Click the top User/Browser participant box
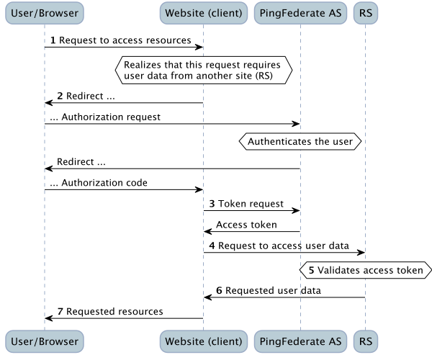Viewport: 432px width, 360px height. (x=45, y=13)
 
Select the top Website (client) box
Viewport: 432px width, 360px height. (x=204, y=13)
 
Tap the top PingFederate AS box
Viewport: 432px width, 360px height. (x=300, y=13)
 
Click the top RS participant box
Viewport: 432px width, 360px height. (x=366, y=13)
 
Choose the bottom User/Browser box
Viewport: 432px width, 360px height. (x=45, y=341)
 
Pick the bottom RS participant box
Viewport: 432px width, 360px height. (x=366, y=341)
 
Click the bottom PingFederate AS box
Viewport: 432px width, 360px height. (x=300, y=341)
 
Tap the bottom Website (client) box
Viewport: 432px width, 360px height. (x=204, y=341)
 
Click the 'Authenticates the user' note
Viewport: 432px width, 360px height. (x=300, y=142)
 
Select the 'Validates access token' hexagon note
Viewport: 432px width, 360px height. (x=366, y=270)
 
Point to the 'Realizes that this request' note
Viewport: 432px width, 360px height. (x=204, y=71)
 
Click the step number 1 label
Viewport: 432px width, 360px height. (x=53, y=40)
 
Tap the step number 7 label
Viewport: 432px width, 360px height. (x=60, y=312)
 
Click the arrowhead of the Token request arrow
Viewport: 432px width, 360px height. (x=296, y=211)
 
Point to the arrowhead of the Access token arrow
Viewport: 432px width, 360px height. (x=208, y=232)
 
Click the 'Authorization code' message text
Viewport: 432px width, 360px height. (x=104, y=183)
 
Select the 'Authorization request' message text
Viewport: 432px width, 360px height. (x=111, y=117)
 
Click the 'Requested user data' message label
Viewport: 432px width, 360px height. (x=273, y=291)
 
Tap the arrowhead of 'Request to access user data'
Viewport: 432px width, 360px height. (x=361, y=253)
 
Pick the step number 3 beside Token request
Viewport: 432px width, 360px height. (x=212, y=204)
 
